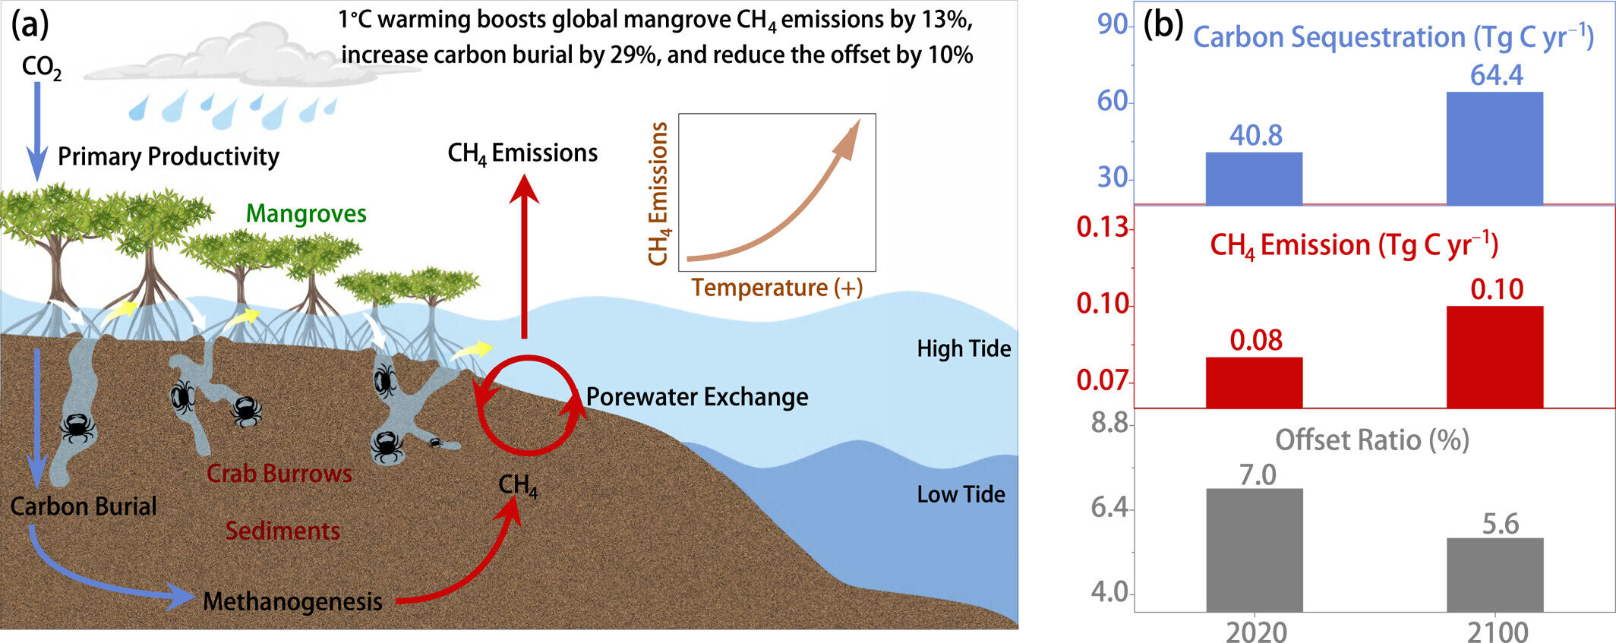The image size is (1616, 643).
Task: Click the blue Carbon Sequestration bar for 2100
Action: coord(1494,148)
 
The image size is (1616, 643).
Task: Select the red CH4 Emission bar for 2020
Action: coord(1254,383)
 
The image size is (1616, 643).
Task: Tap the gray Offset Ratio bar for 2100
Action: coord(1494,575)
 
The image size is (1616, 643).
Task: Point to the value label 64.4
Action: coord(1496,75)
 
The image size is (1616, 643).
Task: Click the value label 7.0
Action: coord(1258,475)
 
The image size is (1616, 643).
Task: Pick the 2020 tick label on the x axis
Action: coord(1256,632)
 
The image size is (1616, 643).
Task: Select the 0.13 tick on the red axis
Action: coord(1102,227)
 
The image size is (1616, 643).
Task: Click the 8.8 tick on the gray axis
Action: coord(1109,423)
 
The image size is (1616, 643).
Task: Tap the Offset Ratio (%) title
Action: coord(1371,440)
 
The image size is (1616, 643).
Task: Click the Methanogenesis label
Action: coord(292,601)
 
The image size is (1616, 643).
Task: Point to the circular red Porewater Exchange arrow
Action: coord(529,405)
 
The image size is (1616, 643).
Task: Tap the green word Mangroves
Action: coord(306,214)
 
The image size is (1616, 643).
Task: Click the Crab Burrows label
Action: coord(279,474)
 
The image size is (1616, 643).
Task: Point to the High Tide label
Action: coord(964,348)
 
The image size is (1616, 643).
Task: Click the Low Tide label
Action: coord(961,494)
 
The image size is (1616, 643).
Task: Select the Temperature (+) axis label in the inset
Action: coord(776,288)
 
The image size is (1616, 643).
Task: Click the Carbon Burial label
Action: coord(84,506)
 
